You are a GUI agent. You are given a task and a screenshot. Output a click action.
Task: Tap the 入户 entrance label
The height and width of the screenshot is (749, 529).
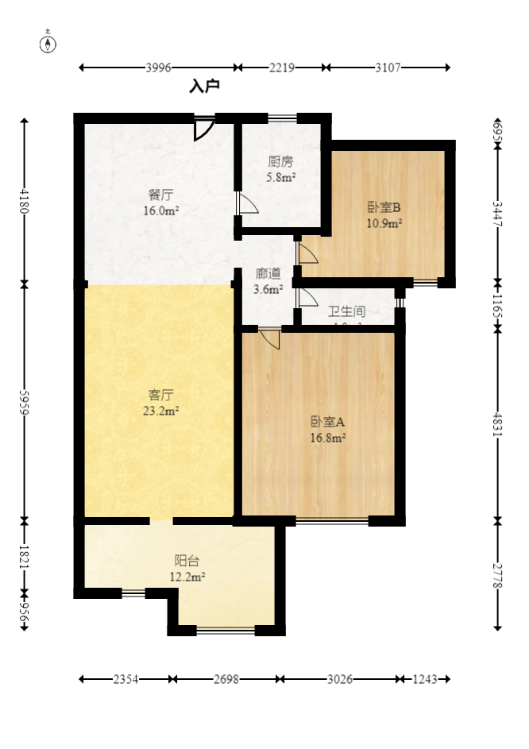coord(204,86)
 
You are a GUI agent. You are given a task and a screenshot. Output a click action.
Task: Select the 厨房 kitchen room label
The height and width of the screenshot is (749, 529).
coord(280,162)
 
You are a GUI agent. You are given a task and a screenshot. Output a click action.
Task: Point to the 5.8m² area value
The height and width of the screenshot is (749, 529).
coord(280,178)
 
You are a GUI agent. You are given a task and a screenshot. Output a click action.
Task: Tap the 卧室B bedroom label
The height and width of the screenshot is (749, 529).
coord(384,208)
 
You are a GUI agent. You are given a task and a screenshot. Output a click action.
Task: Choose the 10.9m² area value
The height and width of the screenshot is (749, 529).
coord(384,224)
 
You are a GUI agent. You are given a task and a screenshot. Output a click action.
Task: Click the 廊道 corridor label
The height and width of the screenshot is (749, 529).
coord(268,274)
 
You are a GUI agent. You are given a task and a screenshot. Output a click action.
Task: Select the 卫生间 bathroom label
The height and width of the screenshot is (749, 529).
coord(346,312)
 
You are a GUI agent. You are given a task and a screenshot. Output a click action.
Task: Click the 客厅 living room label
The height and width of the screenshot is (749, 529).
coord(161,395)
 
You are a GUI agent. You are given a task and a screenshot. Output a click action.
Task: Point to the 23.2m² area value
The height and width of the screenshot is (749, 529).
coord(161,411)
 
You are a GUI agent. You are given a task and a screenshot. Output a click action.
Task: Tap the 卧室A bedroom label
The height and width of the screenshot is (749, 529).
coord(327,421)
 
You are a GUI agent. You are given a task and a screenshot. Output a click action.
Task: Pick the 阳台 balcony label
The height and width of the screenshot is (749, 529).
coord(187,561)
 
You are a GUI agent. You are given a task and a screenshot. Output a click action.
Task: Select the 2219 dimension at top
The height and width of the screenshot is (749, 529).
coord(282,68)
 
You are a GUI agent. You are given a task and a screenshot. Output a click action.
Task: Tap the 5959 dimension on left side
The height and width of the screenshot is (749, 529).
coord(25,402)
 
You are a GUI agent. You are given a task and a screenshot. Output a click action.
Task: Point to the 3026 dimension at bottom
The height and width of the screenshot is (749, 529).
coord(340,680)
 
